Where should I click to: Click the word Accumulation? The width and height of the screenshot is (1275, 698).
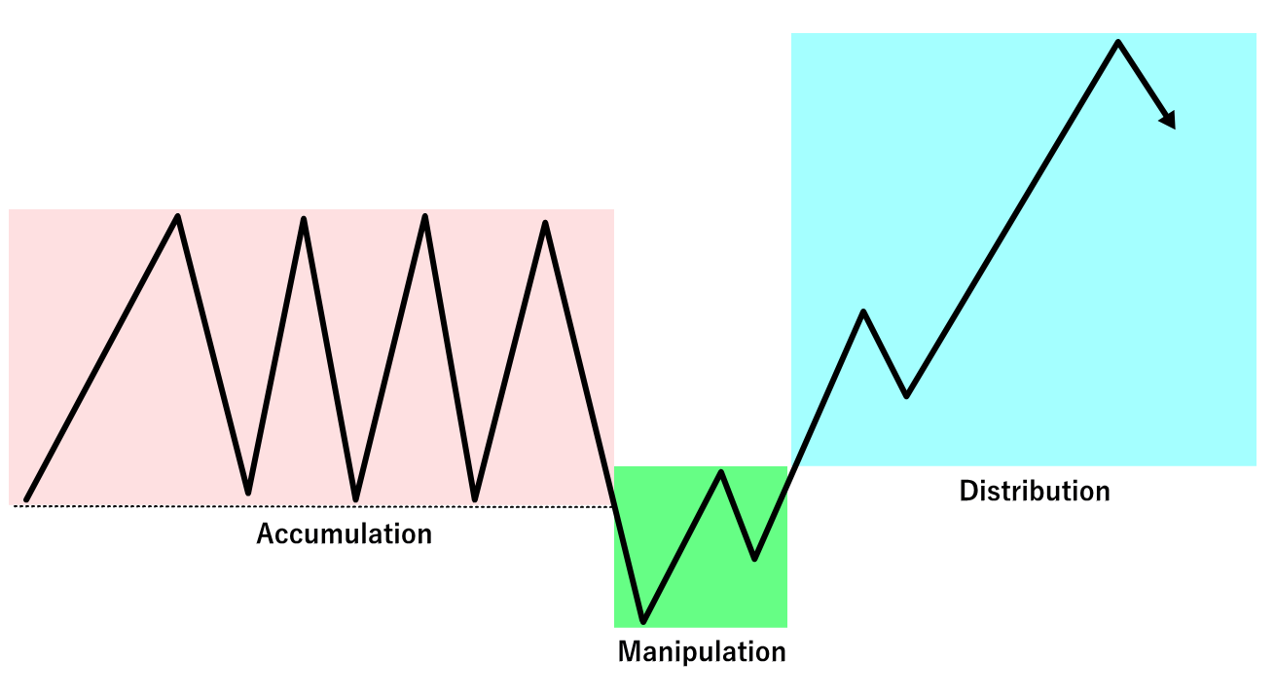click(344, 534)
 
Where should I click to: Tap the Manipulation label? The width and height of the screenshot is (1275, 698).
click(702, 651)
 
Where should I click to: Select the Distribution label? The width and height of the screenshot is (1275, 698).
click(1035, 491)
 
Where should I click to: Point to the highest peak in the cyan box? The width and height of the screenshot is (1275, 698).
click(1118, 42)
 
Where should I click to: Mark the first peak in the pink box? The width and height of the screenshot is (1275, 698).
click(177, 216)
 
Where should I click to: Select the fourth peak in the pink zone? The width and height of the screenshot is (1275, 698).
click(545, 224)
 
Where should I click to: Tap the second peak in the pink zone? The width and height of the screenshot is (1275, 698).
click(304, 220)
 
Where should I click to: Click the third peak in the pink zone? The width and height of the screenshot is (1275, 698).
click(425, 216)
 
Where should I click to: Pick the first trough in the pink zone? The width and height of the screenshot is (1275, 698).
click(248, 492)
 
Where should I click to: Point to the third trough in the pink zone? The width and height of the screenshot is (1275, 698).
click(474, 498)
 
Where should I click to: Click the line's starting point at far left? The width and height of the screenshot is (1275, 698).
click(26, 499)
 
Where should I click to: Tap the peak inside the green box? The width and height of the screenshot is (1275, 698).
click(721, 472)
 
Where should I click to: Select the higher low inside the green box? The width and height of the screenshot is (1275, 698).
click(755, 559)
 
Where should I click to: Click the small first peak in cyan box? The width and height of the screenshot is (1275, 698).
click(863, 312)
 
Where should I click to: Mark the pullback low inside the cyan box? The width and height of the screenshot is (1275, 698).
click(906, 395)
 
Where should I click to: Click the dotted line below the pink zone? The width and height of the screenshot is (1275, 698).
click(146, 506)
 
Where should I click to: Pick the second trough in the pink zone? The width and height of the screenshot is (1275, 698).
click(355, 498)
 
